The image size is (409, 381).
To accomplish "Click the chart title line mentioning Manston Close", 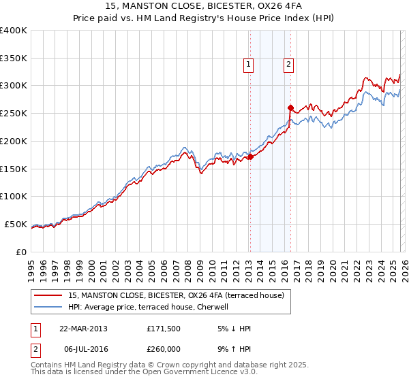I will pos(204,6).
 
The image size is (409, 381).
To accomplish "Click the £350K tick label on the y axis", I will pos(14,59).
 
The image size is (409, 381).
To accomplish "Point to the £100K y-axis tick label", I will pos(14,197).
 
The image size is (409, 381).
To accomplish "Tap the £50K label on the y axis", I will pos(16,225).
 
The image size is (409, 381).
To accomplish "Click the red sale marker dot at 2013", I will pos(250,156).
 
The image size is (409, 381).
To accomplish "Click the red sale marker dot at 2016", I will pos(290,107).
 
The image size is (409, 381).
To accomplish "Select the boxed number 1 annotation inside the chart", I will pos(247,65).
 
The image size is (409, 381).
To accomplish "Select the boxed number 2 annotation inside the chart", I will pos(288,65).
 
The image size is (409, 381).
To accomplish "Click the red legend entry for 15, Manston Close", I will pos(180,295).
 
